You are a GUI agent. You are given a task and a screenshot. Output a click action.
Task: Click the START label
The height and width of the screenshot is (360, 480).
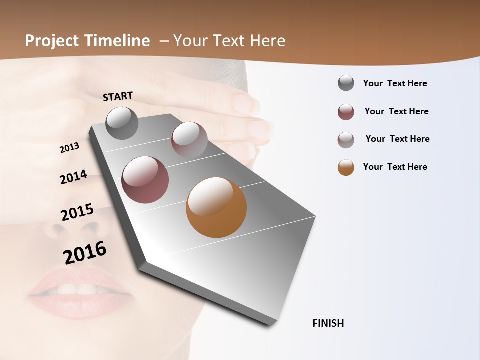coord(118,96)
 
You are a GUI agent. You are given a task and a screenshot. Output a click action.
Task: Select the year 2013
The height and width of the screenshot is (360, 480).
coord(69,148)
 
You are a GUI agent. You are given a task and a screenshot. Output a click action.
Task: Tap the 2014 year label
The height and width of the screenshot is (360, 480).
coord(73,177)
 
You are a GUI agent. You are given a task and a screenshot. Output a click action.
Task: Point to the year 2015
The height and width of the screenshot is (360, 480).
coord(77,212)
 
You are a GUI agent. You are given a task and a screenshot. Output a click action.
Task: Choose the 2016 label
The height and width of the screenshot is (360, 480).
coord(85,252)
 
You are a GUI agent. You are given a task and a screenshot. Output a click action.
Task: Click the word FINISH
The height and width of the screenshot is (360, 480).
coord(328,323)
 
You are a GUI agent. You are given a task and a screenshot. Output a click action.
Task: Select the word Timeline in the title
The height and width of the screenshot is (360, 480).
coord(117,41)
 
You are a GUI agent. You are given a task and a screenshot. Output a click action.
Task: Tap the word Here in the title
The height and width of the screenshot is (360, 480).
coord(267,41)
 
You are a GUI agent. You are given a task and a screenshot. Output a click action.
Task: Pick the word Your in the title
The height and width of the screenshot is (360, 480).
coord(190,41)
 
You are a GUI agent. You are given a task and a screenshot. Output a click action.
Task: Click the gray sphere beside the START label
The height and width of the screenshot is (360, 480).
coord(122,123)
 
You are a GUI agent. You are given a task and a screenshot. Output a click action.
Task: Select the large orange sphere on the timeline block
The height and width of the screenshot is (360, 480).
coord(216,207)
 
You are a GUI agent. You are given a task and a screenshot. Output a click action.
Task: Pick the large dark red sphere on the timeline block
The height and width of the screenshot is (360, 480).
coord(145,180)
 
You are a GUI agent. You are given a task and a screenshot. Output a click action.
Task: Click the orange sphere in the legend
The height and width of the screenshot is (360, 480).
coord(346,167)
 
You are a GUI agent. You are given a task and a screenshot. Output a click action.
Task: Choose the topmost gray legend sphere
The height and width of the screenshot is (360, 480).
coord(346,83)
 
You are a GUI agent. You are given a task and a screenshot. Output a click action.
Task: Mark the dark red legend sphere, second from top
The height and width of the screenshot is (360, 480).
coord(346,112)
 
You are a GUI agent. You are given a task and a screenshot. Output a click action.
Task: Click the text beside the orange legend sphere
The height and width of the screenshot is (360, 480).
coord(395,167)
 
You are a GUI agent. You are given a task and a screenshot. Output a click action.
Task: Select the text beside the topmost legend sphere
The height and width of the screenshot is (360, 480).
coord(395,83)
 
